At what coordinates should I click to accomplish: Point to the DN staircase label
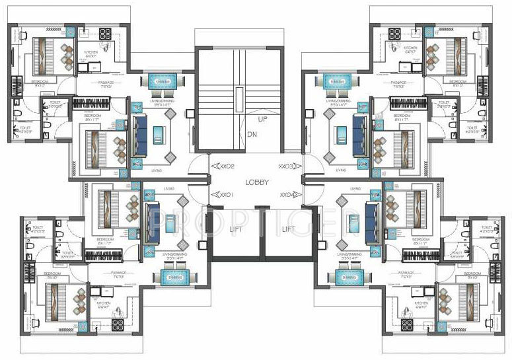(252, 134)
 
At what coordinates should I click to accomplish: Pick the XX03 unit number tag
(289, 166)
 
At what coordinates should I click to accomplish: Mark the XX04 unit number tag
(289, 195)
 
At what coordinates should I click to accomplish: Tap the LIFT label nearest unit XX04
(288, 229)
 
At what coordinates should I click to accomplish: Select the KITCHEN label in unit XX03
(410, 48)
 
